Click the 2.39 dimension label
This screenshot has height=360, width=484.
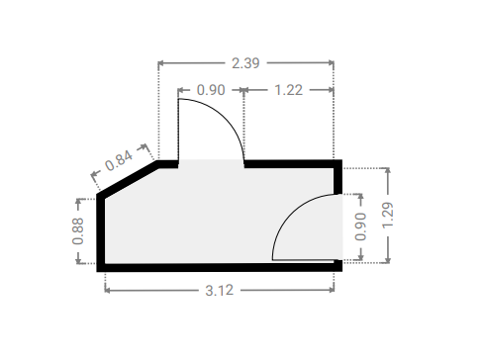245,63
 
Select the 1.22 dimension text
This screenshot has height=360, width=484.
288,90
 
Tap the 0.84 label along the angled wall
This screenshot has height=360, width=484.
119,160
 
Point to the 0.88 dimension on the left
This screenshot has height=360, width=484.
78,230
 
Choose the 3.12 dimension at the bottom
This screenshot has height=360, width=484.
220,291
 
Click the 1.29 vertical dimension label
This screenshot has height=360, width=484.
388,215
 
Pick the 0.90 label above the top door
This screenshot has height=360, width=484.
211,90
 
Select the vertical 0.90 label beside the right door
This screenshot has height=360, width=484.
360,226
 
